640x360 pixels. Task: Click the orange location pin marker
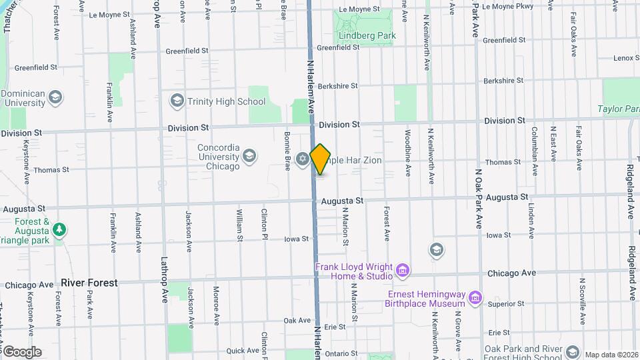click(320, 159)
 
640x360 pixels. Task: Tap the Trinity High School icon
click(177, 101)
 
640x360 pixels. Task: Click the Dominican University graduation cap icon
click(55, 99)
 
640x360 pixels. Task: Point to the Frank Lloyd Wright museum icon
click(402, 271)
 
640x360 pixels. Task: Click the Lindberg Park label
click(367, 35)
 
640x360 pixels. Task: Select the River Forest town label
click(89, 283)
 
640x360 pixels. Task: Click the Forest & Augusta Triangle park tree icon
click(60, 229)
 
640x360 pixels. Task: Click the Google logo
click(21, 351)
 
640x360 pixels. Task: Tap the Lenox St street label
click(627, 58)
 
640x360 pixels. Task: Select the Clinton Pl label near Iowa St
click(264, 223)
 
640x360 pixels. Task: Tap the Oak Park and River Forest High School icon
click(572, 352)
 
